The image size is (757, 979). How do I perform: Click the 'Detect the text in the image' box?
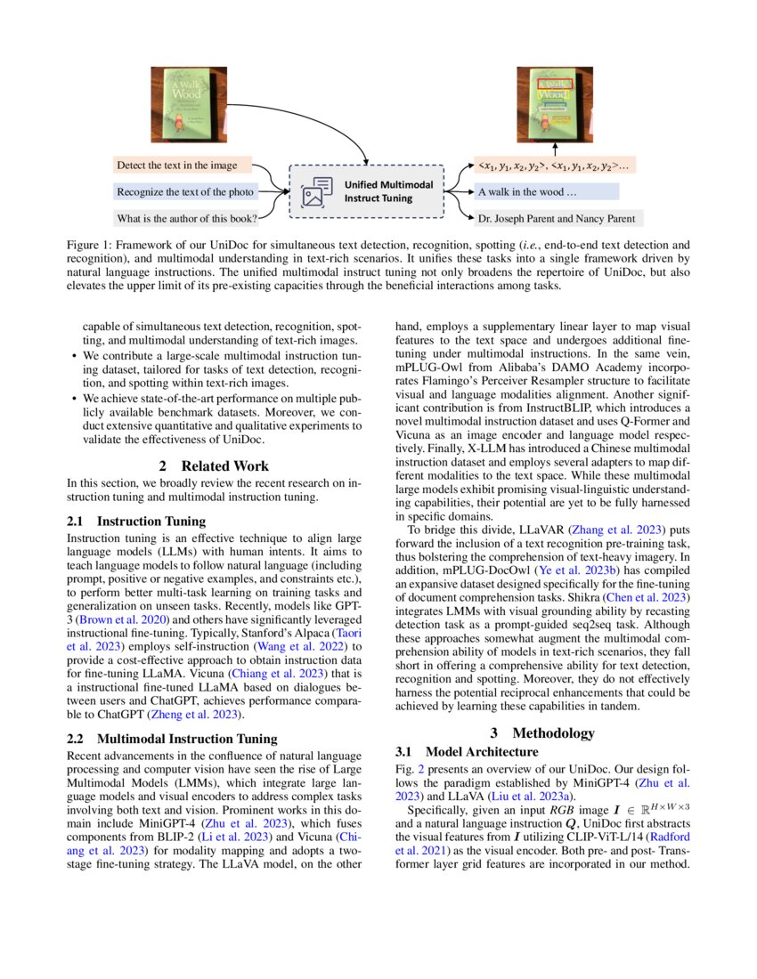(x=183, y=166)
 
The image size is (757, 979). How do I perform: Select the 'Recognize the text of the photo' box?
(x=185, y=191)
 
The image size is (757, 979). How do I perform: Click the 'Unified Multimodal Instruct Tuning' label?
(x=389, y=190)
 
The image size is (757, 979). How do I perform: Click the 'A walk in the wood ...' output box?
(x=545, y=191)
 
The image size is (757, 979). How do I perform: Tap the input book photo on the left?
(x=188, y=104)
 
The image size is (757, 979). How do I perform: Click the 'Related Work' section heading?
(x=214, y=465)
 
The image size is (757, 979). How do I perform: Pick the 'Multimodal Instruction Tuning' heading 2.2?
(x=173, y=738)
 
